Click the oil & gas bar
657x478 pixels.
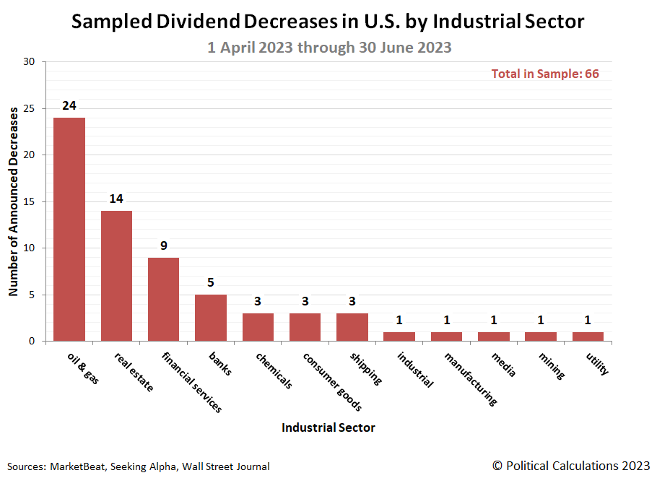(x=69, y=229)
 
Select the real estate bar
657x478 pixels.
(x=116, y=275)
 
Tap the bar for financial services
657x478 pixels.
(x=163, y=299)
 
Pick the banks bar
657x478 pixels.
(x=211, y=317)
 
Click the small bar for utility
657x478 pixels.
(x=588, y=336)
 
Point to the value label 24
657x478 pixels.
(x=69, y=105)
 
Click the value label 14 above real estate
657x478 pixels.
(x=116, y=199)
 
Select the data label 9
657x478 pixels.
(x=164, y=245)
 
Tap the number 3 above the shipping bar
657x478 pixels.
(x=352, y=301)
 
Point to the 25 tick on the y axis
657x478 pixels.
(x=29, y=108)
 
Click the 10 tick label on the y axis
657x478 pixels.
(x=29, y=248)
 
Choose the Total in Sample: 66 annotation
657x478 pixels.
(x=545, y=74)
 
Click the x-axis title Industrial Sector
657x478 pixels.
(x=328, y=427)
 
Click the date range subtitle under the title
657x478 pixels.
(x=328, y=48)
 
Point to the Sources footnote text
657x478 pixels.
(x=139, y=466)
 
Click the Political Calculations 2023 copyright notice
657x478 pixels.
(x=571, y=465)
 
